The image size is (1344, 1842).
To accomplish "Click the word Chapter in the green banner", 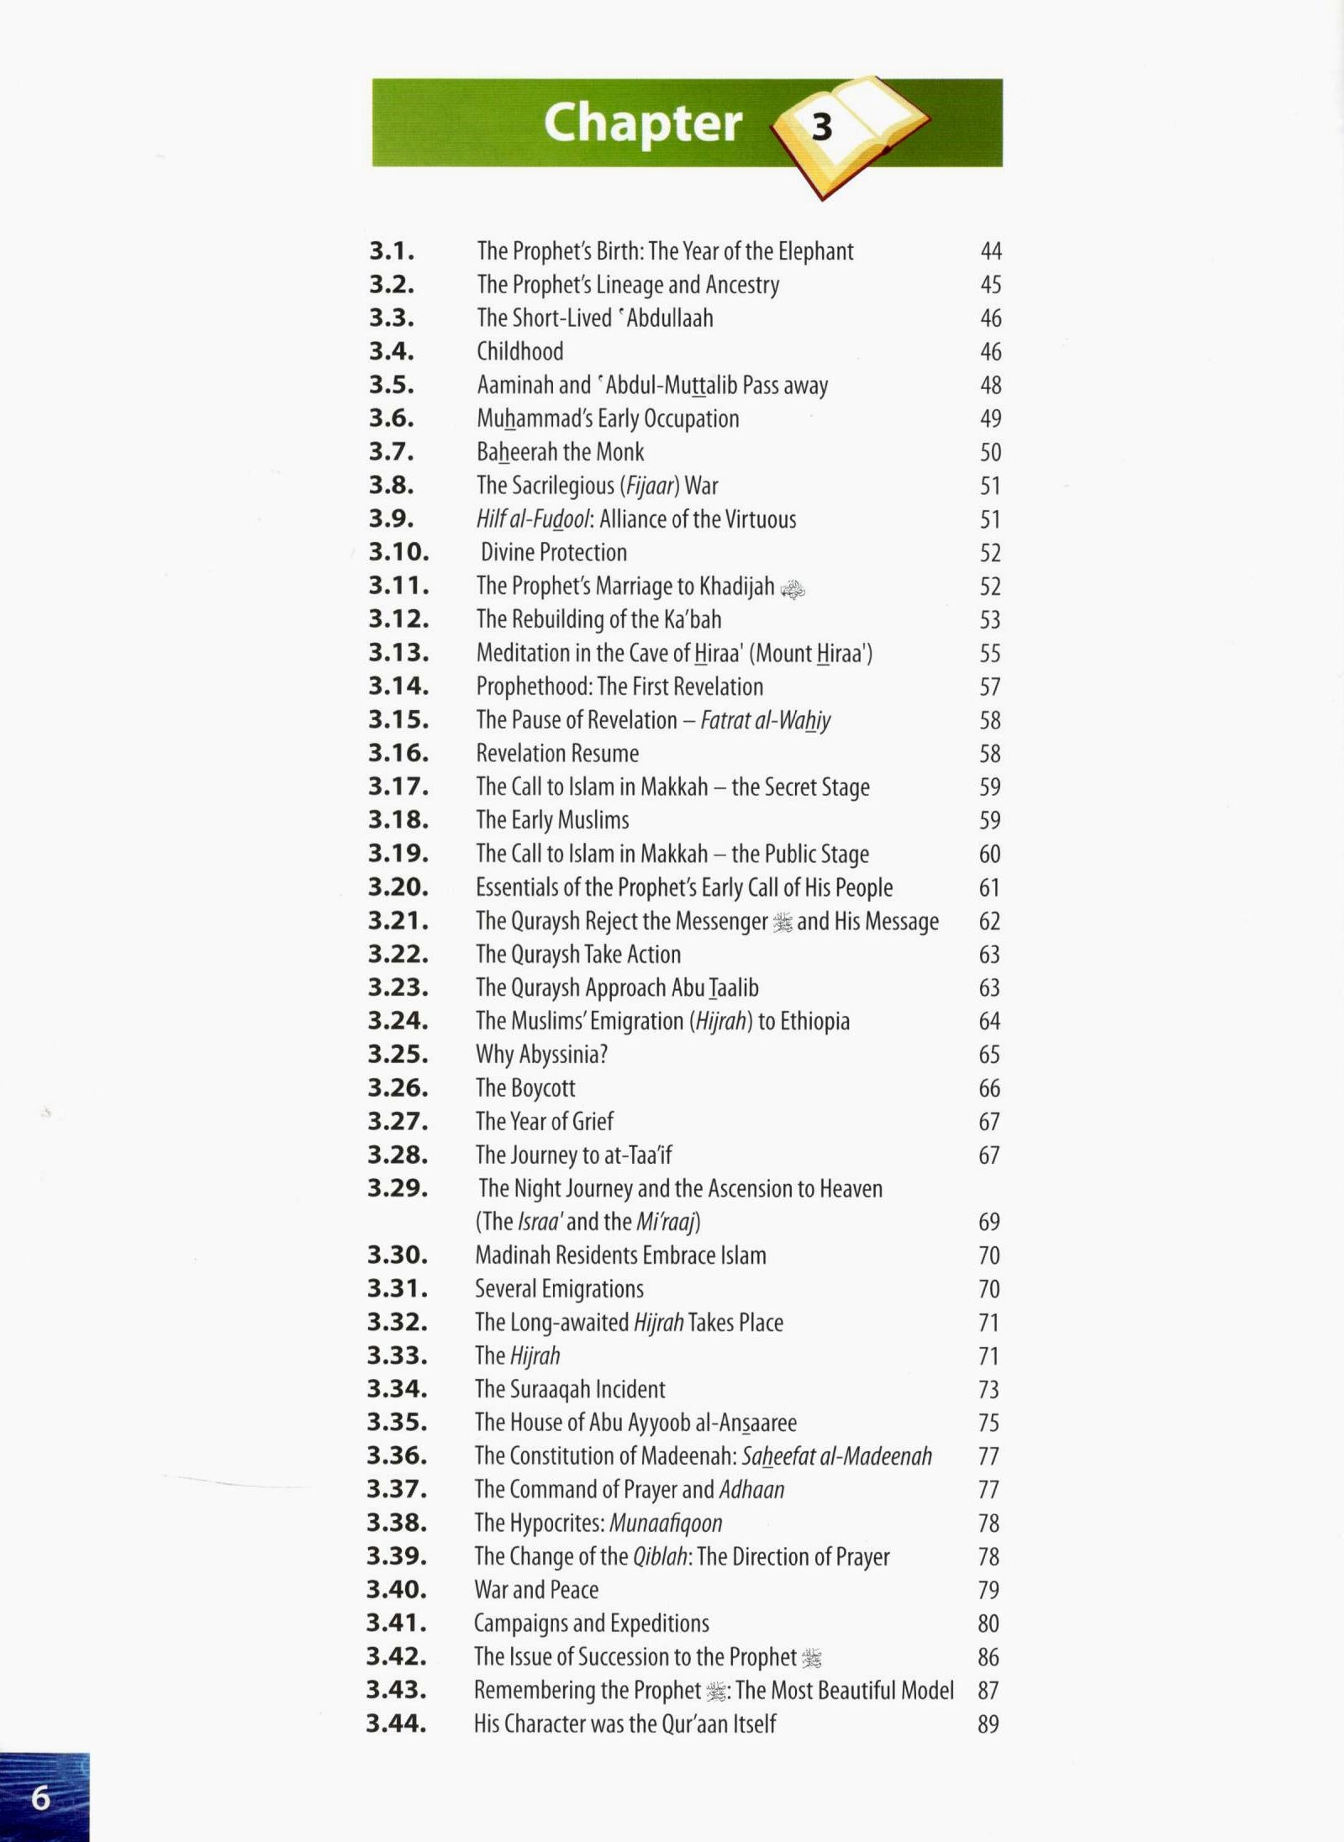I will (643, 124).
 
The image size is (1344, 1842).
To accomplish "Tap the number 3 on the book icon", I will (821, 127).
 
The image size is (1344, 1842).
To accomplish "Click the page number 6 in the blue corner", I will (40, 1798).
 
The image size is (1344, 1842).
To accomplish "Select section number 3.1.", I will (392, 251).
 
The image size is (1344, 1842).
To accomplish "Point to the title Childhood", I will (519, 351).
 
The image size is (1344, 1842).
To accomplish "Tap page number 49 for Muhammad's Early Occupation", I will (990, 418).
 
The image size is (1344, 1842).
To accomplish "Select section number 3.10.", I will (398, 552).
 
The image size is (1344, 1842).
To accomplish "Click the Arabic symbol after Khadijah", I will (793, 589).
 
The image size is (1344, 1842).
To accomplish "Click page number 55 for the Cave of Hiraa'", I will (990, 653).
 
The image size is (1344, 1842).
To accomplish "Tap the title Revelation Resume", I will (557, 753).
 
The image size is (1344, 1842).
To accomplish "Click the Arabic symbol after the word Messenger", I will (783, 924).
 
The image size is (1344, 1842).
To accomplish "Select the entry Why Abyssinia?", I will (541, 1055).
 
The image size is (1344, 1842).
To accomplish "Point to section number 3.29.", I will (398, 1188).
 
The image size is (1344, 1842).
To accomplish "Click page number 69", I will (989, 1222).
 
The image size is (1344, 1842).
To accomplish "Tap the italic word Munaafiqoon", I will (666, 1523).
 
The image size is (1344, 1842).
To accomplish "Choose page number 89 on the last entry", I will (988, 1724).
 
